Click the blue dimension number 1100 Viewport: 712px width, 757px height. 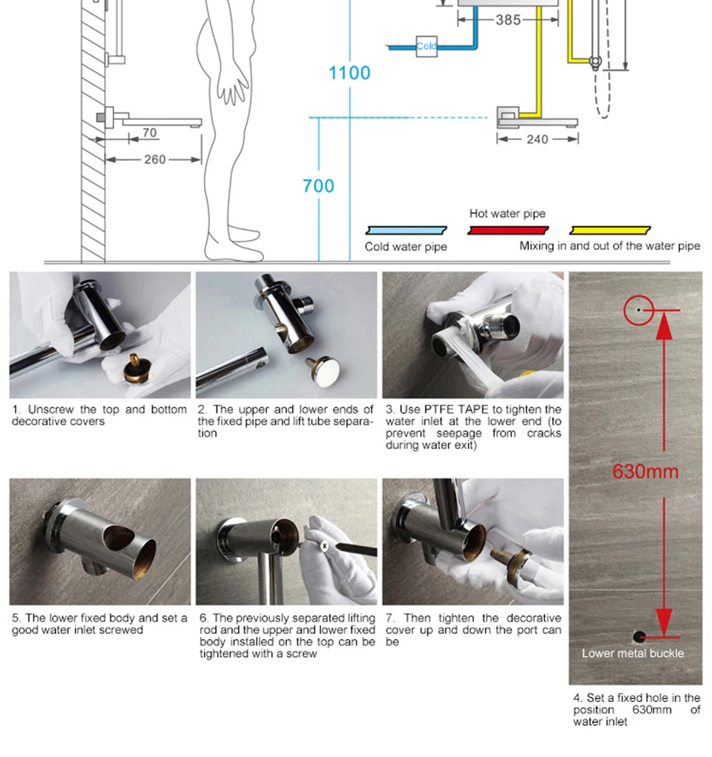[349, 73]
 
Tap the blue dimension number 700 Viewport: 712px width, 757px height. [318, 186]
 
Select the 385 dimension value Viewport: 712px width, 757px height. [508, 20]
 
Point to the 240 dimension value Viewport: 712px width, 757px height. [538, 139]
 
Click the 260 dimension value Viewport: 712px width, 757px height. [155, 159]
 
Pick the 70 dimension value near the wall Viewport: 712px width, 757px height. [149, 133]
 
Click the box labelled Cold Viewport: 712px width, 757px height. [426, 47]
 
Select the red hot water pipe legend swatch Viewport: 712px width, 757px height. [508, 230]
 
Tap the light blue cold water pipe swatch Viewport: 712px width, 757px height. [406, 230]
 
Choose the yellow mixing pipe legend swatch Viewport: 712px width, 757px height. [610, 230]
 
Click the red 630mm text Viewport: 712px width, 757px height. [645, 472]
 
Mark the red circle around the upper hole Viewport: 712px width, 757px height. [639, 296]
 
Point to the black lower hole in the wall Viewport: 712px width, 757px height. [639, 637]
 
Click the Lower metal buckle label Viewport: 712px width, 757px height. [633, 653]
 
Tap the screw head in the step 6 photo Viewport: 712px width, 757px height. [324, 546]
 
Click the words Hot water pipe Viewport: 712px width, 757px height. [507, 213]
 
